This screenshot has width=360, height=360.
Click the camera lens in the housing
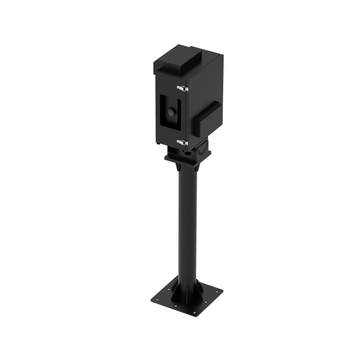point(171,112)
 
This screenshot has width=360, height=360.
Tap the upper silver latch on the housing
point(182,87)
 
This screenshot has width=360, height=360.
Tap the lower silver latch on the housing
point(182,143)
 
